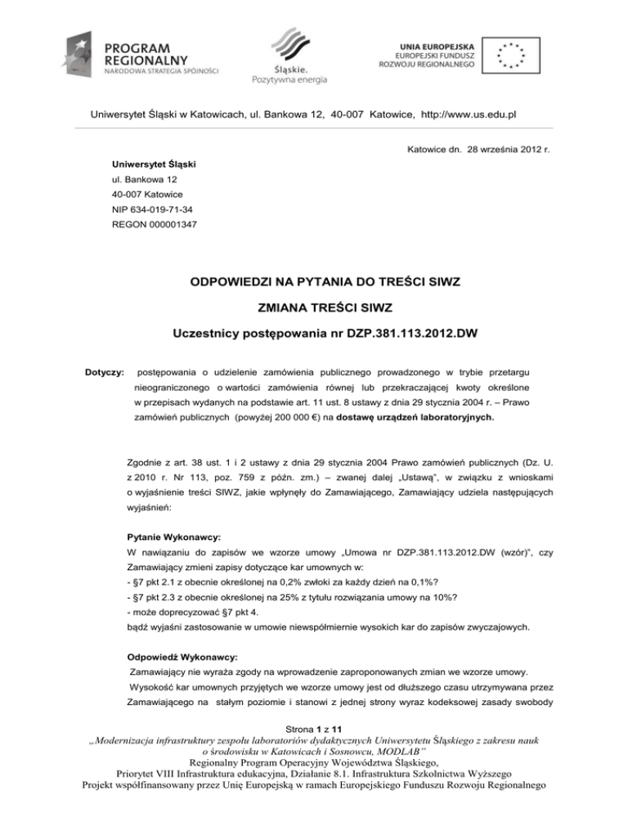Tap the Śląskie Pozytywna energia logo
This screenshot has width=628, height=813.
[x=289, y=55]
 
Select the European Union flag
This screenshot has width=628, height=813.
[x=511, y=53]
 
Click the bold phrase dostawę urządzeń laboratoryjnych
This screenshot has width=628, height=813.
[x=422, y=416]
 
